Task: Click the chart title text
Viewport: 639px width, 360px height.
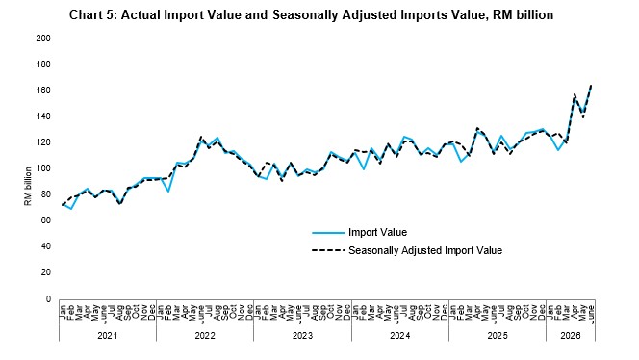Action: (x=311, y=15)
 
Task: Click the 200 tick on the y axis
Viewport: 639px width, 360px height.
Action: (x=43, y=39)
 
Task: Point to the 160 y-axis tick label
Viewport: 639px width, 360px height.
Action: (x=43, y=90)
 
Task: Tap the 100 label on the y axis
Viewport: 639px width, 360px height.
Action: (x=43, y=168)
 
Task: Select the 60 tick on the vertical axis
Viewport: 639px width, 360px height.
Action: (x=45, y=220)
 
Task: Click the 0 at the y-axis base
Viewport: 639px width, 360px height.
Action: (x=48, y=298)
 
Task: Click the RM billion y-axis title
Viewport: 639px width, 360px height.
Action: (x=28, y=187)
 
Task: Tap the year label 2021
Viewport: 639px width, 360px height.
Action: (x=107, y=336)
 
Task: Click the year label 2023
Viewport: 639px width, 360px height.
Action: (x=302, y=336)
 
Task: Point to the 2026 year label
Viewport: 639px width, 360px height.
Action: (x=571, y=336)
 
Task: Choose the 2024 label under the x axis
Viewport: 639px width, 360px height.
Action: (x=399, y=336)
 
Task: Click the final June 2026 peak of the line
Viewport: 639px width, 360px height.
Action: (x=591, y=86)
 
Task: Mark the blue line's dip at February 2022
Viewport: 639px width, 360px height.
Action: (x=168, y=192)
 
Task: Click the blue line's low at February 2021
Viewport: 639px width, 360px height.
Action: (x=71, y=209)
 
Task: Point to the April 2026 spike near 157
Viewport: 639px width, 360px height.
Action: (x=575, y=94)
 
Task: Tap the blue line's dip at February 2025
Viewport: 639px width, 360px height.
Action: (x=461, y=162)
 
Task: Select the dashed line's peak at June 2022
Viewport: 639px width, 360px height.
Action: (x=201, y=137)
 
